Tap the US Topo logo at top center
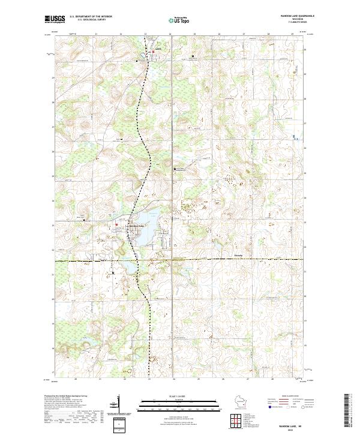coord(182,20)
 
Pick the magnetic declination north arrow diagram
coord(115,406)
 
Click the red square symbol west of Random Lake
coord(116,226)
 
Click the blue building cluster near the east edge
coord(294,137)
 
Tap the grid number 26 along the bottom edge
coord(223,379)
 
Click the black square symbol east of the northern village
coord(193,56)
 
